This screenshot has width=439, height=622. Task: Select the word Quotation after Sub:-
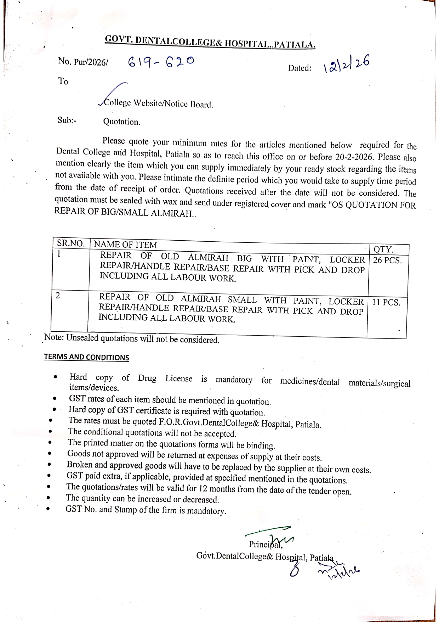coord(121,122)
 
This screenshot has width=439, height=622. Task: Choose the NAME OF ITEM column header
coord(125,245)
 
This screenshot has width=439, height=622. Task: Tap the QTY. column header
coord(383,250)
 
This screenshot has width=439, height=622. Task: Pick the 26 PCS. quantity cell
coord(387,260)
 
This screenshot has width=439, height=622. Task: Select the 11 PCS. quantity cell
coord(386,303)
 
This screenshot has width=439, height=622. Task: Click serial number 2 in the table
coord(58,295)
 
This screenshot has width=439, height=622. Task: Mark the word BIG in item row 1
coord(244,258)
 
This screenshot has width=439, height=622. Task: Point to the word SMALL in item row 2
coord(242,299)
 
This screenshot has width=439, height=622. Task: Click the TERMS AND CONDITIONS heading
coord(86,357)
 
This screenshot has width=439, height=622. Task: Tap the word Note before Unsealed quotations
coord(53,337)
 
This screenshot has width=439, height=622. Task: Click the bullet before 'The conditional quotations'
coord(51,432)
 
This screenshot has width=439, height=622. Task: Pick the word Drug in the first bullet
coord(147,378)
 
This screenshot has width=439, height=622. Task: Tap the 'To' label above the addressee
coord(63,82)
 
